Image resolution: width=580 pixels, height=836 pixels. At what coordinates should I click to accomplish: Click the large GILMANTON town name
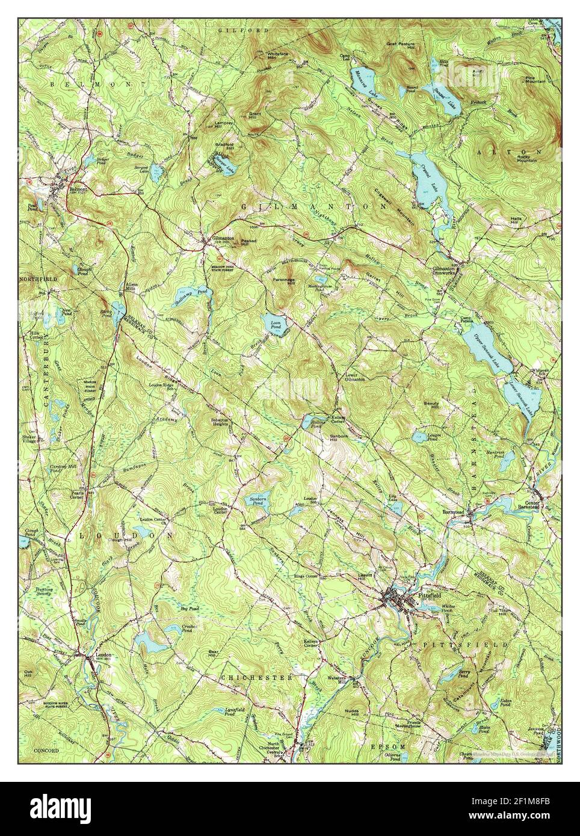[x=313, y=206]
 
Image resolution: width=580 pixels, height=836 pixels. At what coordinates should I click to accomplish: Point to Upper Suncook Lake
[x=487, y=355]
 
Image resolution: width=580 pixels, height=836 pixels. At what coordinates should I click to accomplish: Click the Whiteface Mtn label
[x=277, y=55]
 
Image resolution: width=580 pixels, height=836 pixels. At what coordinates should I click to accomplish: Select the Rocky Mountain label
[x=527, y=159]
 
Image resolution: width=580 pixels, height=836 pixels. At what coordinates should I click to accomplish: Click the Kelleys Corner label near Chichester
[x=311, y=644]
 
